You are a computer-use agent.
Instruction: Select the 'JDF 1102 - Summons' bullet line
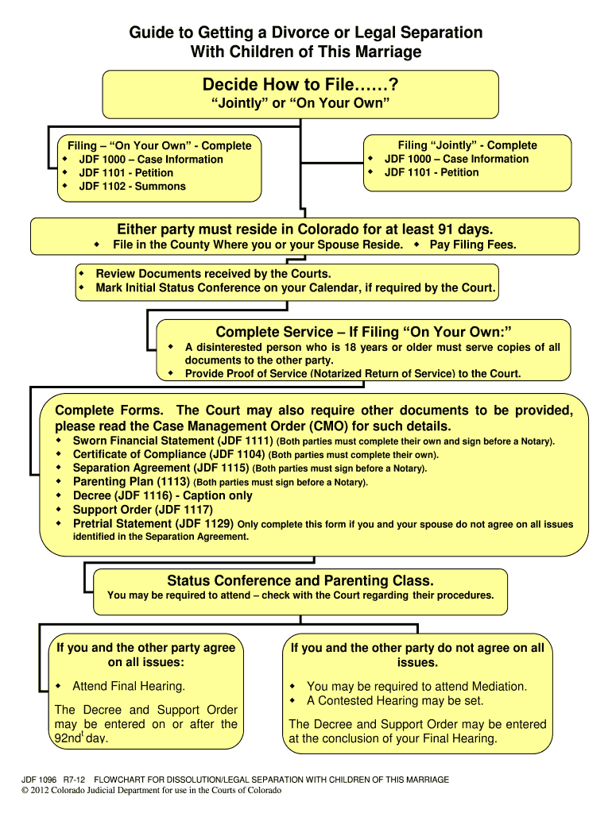point(132,187)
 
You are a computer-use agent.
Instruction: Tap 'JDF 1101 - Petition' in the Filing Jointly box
point(432,172)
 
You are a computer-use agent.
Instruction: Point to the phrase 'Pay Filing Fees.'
point(473,245)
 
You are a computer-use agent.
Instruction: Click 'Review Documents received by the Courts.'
point(213,274)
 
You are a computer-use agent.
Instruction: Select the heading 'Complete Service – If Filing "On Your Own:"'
point(362,331)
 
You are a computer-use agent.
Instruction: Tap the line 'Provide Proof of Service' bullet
point(353,373)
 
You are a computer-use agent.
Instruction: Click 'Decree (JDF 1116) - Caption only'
point(162,495)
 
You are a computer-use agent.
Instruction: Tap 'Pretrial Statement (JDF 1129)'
point(153,524)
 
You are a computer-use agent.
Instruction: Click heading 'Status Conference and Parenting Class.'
point(300,580)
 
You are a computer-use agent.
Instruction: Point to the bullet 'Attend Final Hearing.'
point(128,686)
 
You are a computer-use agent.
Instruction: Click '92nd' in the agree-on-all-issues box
point(67,738)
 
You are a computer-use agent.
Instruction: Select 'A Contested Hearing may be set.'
point(395,701)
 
